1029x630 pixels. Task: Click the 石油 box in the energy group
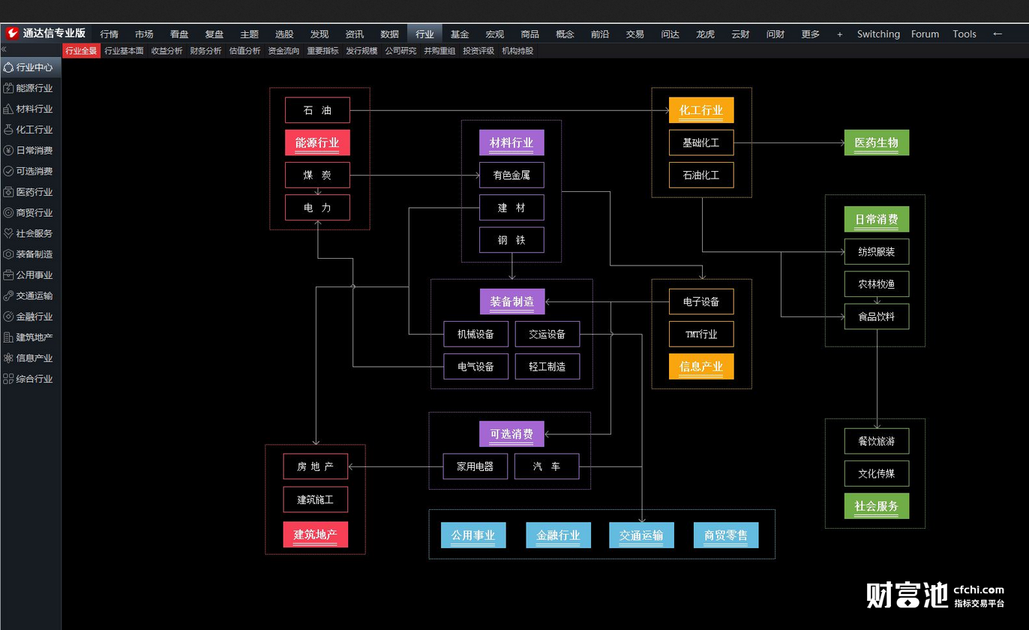point(317,110)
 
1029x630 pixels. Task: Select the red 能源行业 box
point(317,142)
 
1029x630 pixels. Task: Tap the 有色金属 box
point(511,175)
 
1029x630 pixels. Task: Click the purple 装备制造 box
point(512,301)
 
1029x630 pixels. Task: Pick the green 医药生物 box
point(877,142)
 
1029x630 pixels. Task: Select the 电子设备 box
point(701,301)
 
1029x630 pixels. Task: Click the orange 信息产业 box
point(701,366)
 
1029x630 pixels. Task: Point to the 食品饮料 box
point(877,316)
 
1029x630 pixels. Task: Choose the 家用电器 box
point(475,466)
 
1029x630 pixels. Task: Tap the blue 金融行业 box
point(558,535)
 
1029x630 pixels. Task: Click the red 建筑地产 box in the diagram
point(316,534)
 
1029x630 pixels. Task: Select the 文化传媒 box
point(877,473)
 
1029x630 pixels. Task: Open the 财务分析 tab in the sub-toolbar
point(205,51)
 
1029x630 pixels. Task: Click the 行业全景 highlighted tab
point(81,51)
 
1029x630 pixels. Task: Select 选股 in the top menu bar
point(284,34)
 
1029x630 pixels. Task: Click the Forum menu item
point(925,34)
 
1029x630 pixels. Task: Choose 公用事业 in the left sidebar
point(34,275)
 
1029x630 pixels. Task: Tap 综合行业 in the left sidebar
point(34,379)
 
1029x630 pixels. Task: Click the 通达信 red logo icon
point(12,33)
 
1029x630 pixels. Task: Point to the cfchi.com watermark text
point(979,589)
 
